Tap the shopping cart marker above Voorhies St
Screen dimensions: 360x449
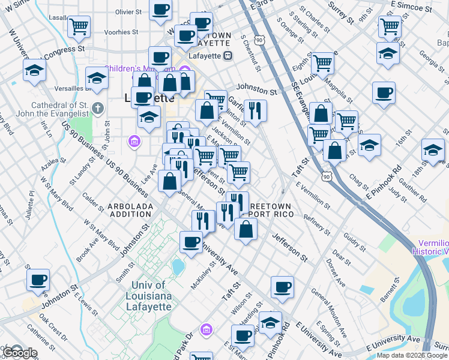click(79, 27)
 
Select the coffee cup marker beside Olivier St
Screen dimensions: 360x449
click(160, 10)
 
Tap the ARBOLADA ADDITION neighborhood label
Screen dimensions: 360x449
click(130, 211)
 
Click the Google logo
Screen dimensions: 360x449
click(19, 353)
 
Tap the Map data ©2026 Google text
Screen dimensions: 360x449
click(412, 355)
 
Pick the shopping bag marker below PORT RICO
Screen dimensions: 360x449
click(246, 229)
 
